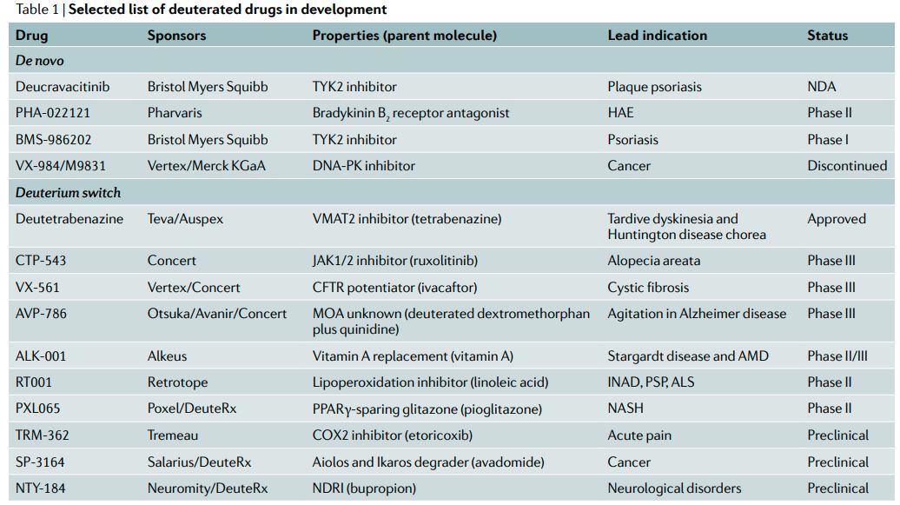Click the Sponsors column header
176,36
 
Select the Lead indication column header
657,36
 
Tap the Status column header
827,36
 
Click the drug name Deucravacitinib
63,87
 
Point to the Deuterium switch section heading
68,192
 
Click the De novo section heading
40,61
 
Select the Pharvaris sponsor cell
176,113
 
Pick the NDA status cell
821,87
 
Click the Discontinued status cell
847,165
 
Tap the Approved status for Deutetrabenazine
836,219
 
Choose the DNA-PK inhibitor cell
363,165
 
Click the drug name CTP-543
44,261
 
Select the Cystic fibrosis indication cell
648,287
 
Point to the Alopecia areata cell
653,261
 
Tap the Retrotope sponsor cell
177,382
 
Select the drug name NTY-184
44,488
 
